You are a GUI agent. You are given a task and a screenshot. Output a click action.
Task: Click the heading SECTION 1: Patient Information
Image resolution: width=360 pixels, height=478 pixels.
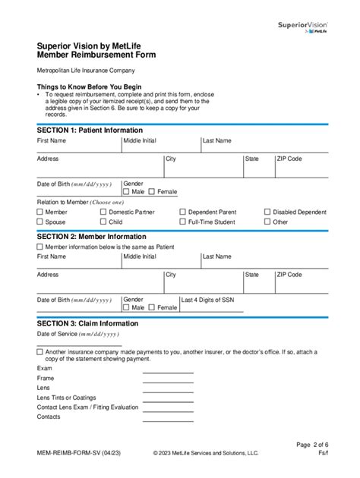tap(90, 131)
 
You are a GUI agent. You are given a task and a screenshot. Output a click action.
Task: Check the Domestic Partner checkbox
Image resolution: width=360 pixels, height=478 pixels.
tap(103, 212)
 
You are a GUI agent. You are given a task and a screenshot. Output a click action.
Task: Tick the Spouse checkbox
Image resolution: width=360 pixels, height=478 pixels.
tap(40, 222)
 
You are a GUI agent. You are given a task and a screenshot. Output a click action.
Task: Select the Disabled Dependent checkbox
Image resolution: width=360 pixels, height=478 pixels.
tap(267, 212)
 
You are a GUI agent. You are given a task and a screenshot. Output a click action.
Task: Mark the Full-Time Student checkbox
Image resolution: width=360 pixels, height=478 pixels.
tap(182, 222)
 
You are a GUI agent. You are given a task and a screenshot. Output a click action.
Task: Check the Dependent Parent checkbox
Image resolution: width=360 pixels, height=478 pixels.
tap(182, 212)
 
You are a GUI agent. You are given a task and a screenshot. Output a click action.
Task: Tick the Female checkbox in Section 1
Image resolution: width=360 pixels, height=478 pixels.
tap(152, 192)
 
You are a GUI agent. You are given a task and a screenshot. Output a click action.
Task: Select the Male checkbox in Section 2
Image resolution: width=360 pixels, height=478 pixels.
tap(127, 307)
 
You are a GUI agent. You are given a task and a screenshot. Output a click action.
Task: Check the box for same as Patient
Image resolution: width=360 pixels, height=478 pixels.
tap(40, 247)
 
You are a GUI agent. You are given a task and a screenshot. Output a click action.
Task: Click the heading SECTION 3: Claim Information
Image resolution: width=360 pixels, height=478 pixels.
tap(87, 323)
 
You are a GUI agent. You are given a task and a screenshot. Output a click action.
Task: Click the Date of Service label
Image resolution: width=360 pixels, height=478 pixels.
tap(77, 334)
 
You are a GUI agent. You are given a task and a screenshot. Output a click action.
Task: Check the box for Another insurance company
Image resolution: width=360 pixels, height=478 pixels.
tap(40, 352)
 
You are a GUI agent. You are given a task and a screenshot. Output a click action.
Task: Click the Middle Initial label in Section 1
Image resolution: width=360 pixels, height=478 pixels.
tap(140, 141)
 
